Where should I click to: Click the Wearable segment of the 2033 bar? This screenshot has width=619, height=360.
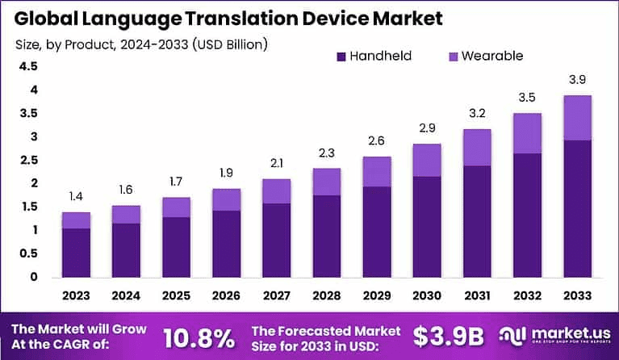[577, 118]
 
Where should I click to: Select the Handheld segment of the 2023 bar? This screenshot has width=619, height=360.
[76, 252]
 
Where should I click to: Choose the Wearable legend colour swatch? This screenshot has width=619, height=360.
[452, 57]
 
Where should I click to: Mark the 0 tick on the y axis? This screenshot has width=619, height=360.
[32, 277]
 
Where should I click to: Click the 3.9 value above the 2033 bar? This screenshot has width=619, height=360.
[578, 80]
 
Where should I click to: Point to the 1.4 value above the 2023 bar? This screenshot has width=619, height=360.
[76, 196]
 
